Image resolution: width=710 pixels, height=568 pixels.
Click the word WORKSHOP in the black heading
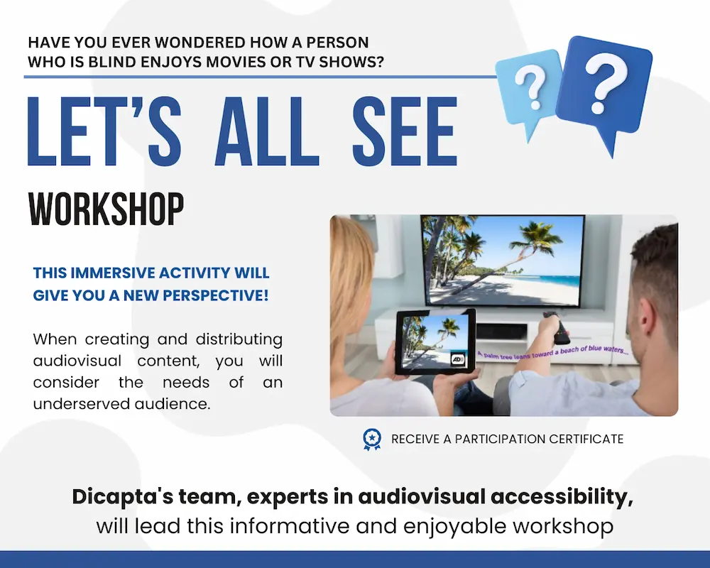106,208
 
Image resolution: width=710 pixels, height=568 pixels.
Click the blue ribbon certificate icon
371,439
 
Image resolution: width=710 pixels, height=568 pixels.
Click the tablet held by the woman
435,340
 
